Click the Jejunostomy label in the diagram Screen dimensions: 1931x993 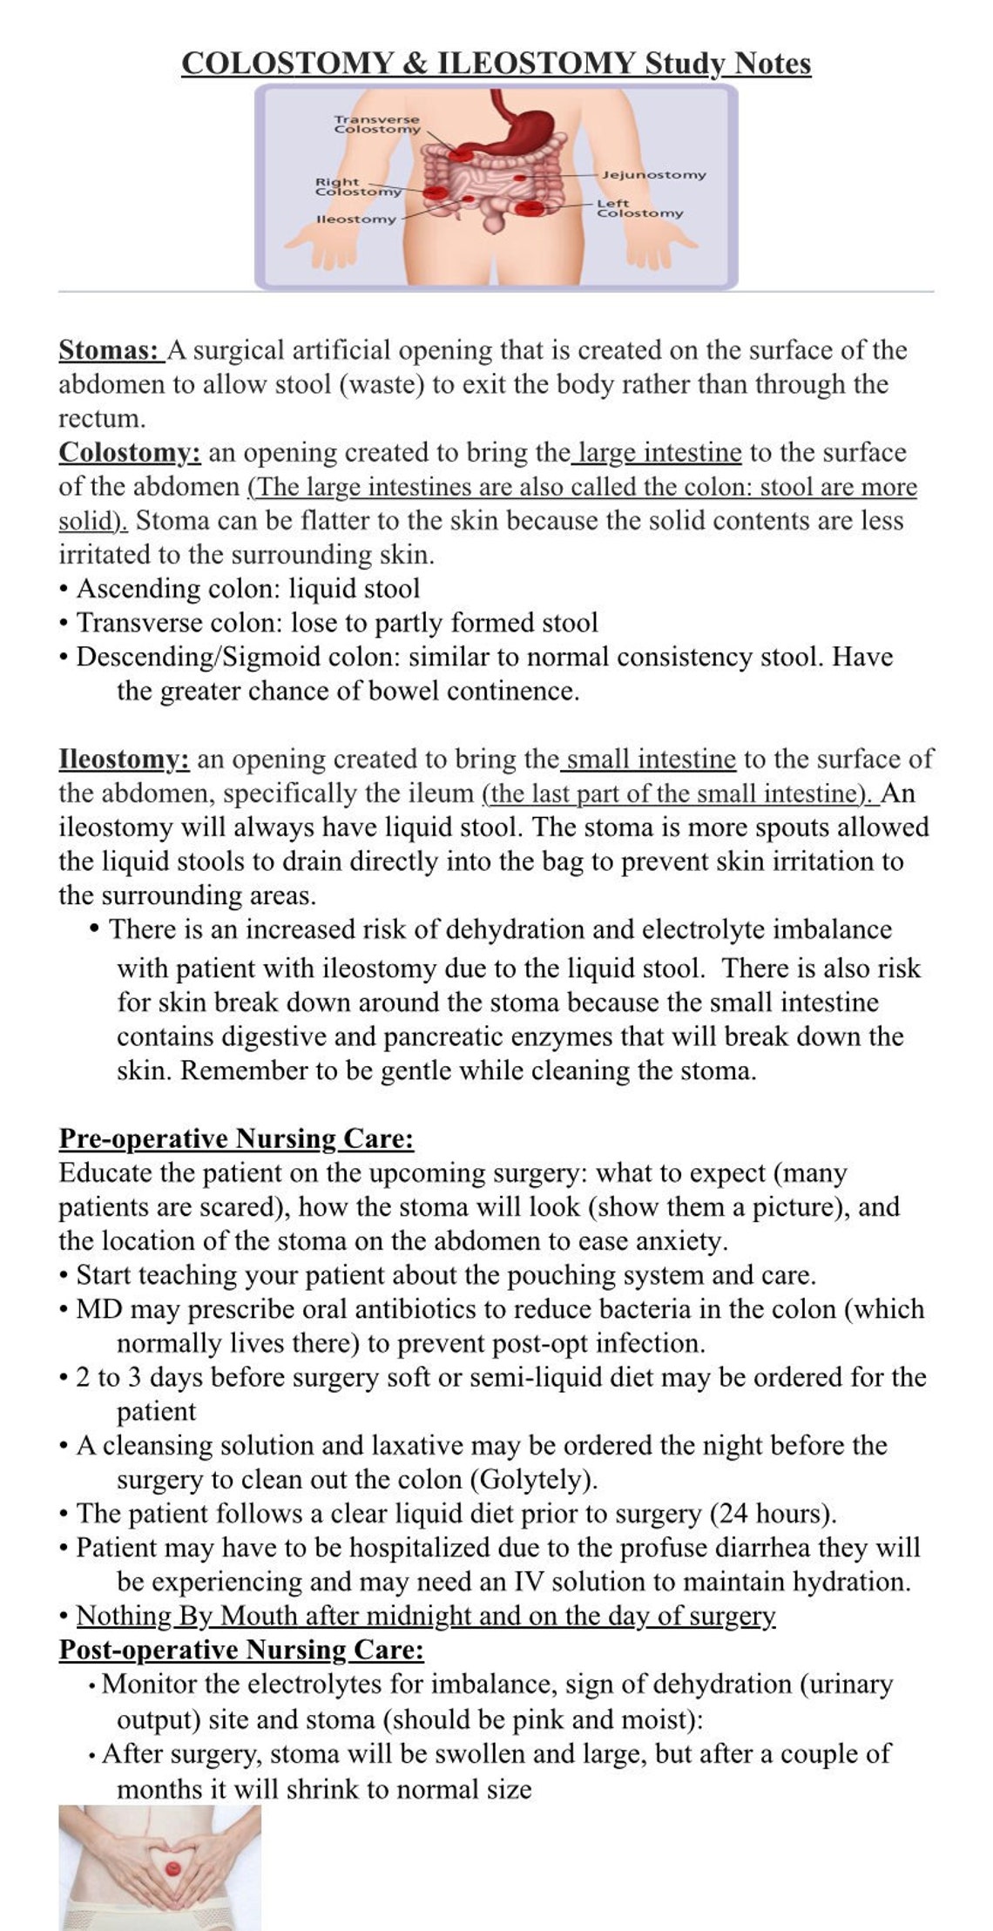[x=654, y=175]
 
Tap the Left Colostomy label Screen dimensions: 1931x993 [x=639, y=208]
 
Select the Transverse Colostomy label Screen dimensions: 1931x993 [x=377, y=124]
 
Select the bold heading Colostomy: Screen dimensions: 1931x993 [x=130, y=453]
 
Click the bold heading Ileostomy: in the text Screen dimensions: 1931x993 [x=124, y=760]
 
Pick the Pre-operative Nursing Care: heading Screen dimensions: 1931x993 [x=236, y=1138]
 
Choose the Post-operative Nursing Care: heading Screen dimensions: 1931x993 [x=241, y=1650]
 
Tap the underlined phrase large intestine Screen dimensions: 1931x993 [x=659, y=453]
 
